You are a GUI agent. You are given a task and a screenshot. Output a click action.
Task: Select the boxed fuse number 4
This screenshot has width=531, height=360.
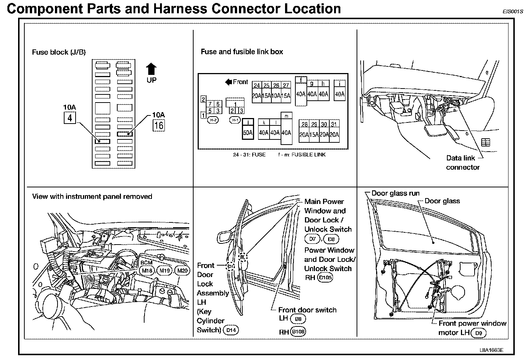coord(70,118)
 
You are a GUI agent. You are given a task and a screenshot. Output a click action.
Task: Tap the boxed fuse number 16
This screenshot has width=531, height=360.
coord(159,125)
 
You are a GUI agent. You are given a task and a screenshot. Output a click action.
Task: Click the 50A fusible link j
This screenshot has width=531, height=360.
coord(248,133)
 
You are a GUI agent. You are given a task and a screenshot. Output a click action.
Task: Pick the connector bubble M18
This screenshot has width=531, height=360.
coord(147,271)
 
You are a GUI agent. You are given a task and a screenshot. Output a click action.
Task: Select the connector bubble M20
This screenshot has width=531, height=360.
coord(183,271)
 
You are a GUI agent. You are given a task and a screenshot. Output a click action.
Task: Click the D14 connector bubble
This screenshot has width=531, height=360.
coord(231,330)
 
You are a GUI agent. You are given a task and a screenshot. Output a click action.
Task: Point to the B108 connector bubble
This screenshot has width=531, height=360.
coord(298,332)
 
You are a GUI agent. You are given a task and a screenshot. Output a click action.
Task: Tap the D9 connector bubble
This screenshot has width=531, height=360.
coord(479,333)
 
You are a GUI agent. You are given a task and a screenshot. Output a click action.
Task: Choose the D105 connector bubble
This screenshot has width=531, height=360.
coord(325,278)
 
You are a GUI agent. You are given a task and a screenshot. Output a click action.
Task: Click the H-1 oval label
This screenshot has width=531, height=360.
coord(235,120)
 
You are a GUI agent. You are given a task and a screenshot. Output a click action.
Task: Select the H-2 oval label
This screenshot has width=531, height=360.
coord(213,120)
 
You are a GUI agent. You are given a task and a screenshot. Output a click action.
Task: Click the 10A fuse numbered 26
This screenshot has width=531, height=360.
coord(276,96)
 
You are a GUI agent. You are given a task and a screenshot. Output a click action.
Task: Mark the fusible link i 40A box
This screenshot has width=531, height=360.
coord(340,94)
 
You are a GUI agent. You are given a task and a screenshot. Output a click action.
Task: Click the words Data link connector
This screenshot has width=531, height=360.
coord(462,163)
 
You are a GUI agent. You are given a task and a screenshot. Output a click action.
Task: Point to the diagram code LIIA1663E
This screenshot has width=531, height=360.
coord(492,350)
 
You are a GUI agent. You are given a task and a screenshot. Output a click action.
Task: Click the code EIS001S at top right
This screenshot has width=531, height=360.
coord(513,11)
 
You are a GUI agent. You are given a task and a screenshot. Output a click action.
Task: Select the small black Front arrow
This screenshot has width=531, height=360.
coord(228,82)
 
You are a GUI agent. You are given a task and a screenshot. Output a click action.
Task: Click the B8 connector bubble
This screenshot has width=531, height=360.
coord(298,319)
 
